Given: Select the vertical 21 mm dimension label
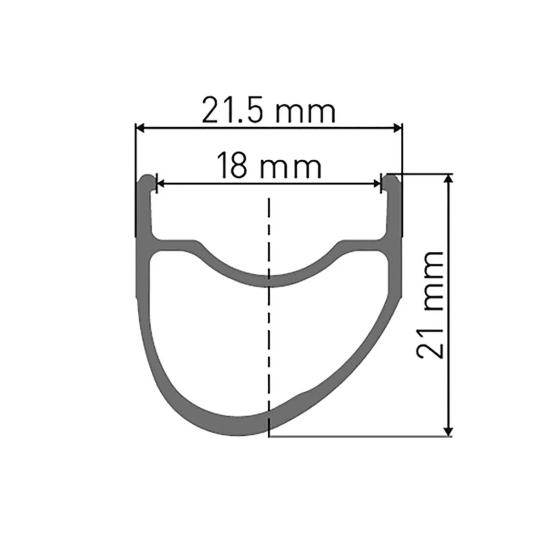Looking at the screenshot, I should click(430, 305).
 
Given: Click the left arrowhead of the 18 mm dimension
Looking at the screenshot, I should click(161, 184).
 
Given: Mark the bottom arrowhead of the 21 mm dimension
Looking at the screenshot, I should click(449, 431).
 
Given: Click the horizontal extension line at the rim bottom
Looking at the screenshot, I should click(358, 436).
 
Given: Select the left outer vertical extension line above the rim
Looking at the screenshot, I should click(135, 152).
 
